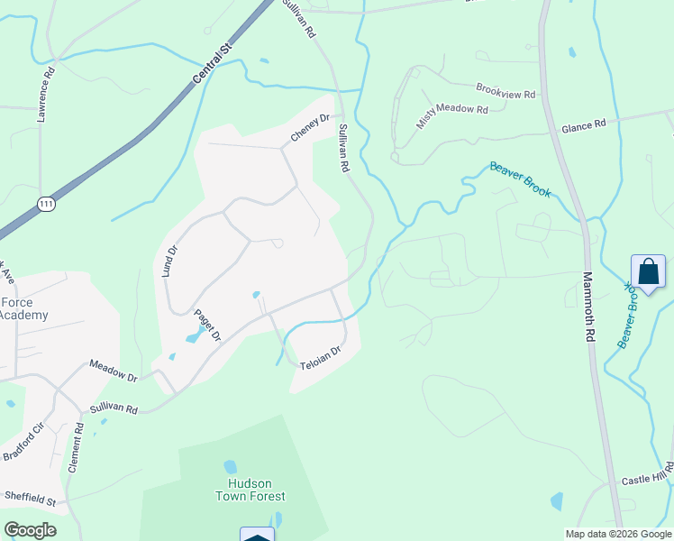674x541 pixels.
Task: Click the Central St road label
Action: pyautogui.click(x=213, y=61)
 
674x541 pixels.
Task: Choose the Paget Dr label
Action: pyautogui.click(x=208, y=326)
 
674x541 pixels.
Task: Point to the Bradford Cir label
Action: pyautogui.click(x=23, y=442)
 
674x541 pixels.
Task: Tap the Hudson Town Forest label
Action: pyautogui.click(x=250, y=490)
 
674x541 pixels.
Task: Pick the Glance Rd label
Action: pyautogui.click(x=584, y=127)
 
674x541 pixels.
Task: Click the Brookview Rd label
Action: pyautogui.click(x=505, y=92)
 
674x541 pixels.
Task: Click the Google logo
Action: pyautogui.click(x=31, y=529)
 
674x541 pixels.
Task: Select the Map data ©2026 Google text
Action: pyautogui.click(x=617, y=533)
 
